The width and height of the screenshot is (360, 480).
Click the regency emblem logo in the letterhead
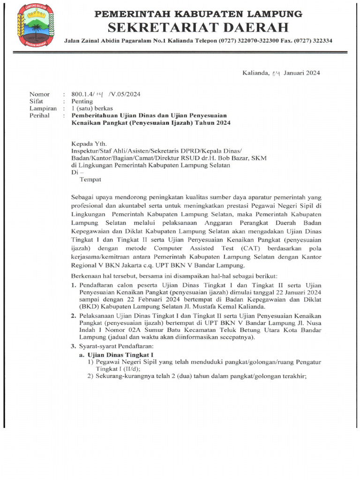[35, 25]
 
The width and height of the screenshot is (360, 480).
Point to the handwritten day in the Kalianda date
[277, 73]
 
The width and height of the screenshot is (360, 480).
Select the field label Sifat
[37, 101]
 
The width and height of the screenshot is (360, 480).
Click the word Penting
[82, 101]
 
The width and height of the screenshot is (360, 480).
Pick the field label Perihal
[39, 115]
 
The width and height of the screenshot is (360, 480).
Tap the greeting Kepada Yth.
[89, 143]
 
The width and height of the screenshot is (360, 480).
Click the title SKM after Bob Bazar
[258, 158]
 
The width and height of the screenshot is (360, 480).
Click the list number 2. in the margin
[74, 316]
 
